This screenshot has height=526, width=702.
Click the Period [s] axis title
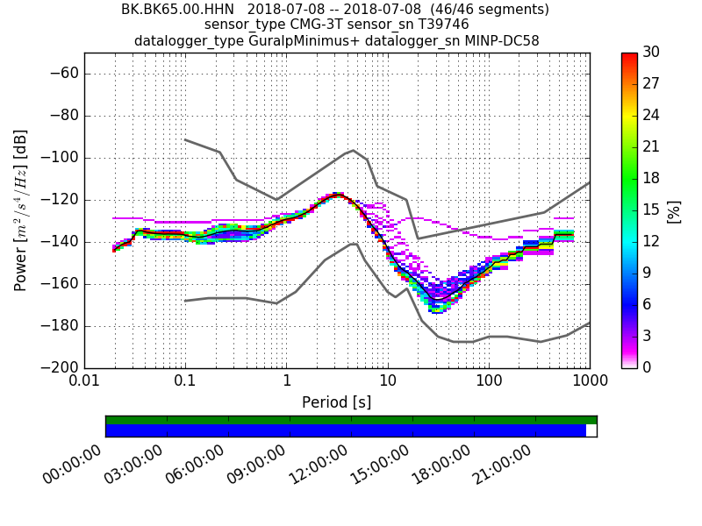(x=337, y=402)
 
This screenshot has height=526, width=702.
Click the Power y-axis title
(x=21, y=210)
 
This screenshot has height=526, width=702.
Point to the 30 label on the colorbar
(x=651, y=53)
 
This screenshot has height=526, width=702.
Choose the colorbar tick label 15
(x=651, y=210)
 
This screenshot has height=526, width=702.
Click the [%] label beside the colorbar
(x=674, y=210)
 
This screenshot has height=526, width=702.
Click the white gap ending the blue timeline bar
(x=591, y=430)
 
